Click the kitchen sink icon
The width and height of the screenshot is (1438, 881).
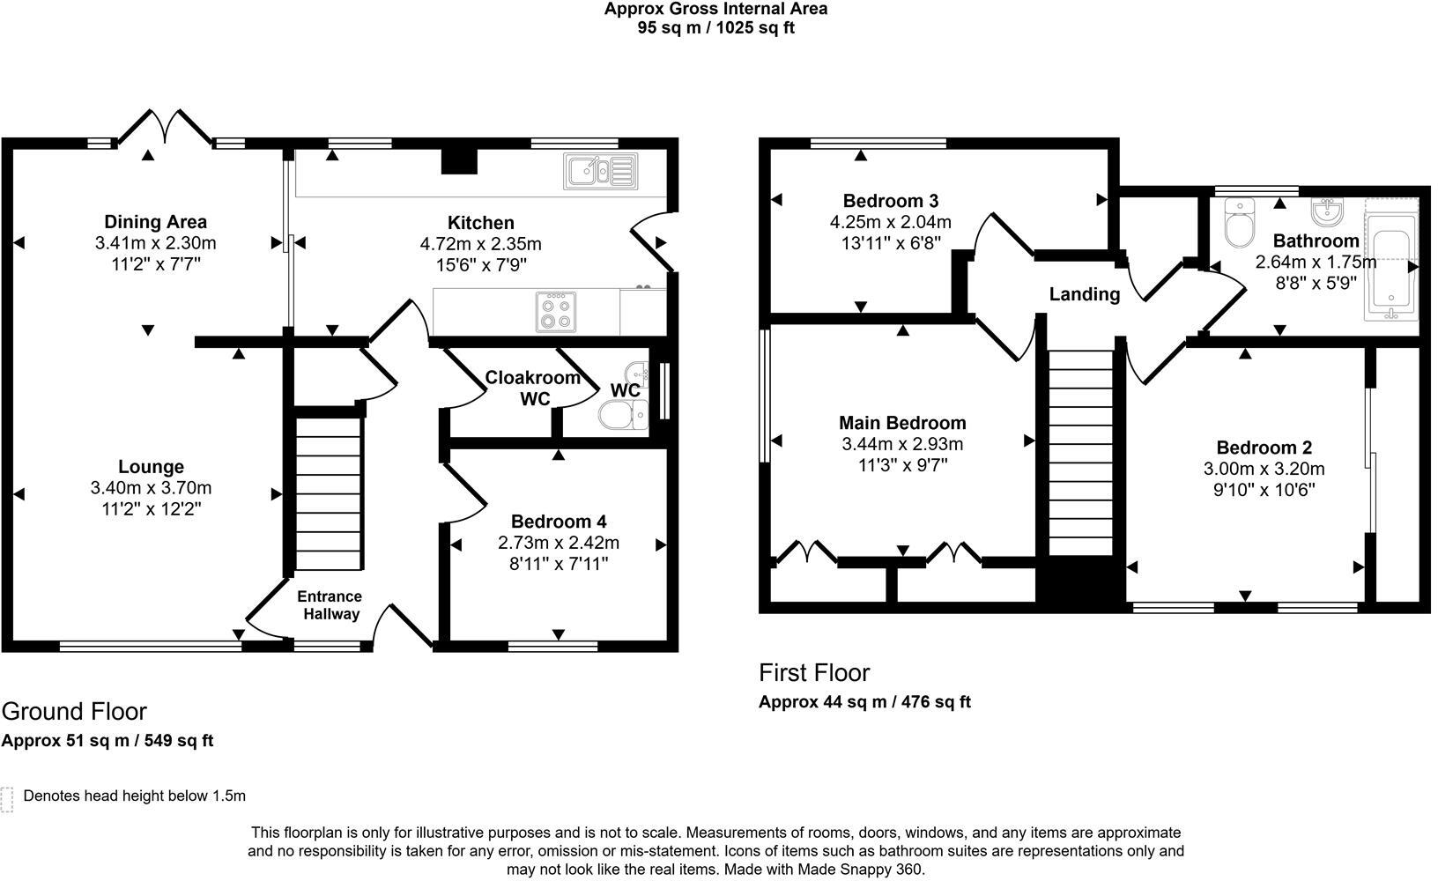601,171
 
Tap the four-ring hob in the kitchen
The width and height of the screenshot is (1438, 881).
556,312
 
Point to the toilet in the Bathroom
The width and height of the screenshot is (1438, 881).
1239,224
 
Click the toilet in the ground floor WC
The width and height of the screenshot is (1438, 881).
623,414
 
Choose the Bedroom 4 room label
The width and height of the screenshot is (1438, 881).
559,522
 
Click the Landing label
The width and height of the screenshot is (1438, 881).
1084,294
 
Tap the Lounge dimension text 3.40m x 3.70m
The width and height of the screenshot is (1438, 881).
151,488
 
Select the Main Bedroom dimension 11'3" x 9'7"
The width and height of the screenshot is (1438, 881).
902,465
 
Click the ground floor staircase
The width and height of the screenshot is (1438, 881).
329,494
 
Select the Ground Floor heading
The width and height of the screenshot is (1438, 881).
74,711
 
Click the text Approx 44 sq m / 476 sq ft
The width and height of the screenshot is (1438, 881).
864,702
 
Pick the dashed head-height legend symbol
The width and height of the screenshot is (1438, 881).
8,798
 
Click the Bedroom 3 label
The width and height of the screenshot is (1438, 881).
890,201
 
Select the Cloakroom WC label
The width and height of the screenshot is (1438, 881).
533,388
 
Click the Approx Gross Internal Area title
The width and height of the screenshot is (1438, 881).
715,10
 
